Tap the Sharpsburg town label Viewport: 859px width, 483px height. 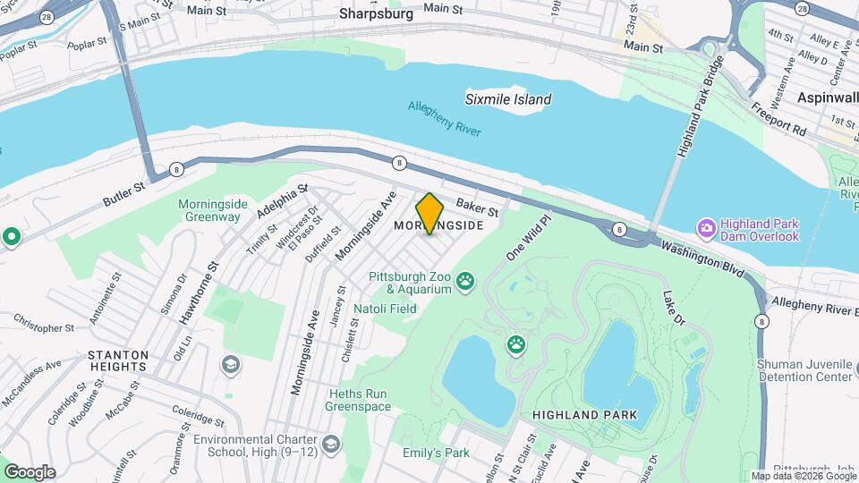(377, 14)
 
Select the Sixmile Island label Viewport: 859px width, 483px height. (508, 99)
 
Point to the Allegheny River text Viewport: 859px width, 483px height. (445, 119)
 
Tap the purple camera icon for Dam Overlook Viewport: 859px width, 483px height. (707, 228)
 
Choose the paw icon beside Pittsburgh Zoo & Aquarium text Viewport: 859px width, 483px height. (464, 284)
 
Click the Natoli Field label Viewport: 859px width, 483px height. (386, 309)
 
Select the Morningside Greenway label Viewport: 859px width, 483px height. (209, 210)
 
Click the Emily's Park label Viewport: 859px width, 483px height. (436, 453)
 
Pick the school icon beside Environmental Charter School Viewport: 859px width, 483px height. (331, 445)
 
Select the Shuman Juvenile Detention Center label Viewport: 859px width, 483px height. (804, 370)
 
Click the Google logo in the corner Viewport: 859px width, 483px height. (30, 472)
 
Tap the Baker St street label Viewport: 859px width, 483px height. (477, 208)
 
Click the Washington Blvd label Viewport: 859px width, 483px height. (702, 259)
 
